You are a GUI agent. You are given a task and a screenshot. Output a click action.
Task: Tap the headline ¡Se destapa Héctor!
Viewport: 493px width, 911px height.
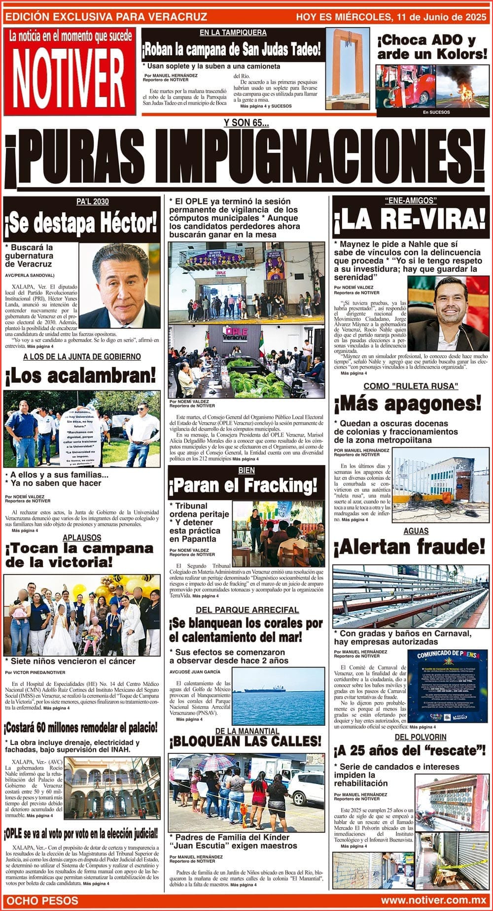(81, 224)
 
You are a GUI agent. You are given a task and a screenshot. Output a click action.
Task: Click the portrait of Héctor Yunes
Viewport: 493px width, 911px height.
(120, 286)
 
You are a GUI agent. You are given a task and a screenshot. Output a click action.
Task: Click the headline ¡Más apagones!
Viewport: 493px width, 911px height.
(408, 404)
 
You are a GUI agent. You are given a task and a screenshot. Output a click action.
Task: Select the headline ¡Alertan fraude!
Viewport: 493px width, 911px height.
(409, 547)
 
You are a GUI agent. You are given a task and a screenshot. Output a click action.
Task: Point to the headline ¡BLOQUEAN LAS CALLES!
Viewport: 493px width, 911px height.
(246, 742)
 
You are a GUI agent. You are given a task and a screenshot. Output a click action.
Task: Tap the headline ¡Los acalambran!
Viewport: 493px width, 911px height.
(80, 376)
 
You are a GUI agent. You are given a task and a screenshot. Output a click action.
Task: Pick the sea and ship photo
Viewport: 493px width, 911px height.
(279, 690)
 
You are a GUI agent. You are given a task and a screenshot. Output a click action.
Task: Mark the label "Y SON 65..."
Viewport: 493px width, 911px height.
(246, 124)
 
